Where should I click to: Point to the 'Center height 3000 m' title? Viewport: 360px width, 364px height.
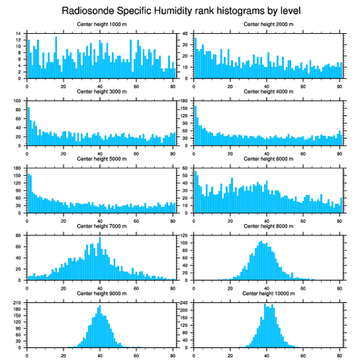101,91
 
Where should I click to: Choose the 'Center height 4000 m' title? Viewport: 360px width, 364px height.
268,91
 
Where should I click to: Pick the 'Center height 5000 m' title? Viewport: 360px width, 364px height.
101,159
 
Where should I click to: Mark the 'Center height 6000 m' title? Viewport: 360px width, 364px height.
268,159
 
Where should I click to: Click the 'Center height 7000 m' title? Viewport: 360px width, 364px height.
101,226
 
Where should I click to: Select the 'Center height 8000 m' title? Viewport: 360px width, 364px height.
268,226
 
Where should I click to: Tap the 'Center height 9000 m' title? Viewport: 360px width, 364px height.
101,293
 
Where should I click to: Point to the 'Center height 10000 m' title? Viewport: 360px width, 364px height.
268,293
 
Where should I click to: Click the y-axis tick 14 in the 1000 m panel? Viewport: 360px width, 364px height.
19,34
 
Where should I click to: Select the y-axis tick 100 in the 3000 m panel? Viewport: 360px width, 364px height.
18,101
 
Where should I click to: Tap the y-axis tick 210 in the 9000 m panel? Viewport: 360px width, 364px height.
18,303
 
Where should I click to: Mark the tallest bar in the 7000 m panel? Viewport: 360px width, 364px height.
100,258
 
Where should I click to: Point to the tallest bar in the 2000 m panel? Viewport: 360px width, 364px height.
195,58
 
